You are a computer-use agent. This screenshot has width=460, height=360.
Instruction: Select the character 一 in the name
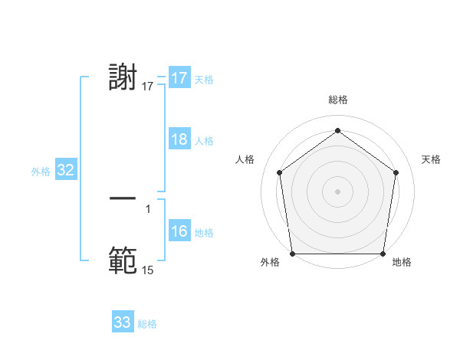pos(123,198)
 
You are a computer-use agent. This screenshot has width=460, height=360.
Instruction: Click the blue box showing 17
pos(179,78)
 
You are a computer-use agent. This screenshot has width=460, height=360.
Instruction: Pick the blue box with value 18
pos(179,139)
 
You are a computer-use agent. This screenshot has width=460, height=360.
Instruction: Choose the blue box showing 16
pos(179,231)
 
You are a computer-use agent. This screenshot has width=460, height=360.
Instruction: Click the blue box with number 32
pos(65,170)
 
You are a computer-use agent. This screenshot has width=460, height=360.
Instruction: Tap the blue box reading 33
pos(123,322)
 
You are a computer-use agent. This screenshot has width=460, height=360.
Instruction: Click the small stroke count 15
pos(148,270)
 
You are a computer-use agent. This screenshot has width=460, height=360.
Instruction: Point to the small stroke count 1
pos(148,209)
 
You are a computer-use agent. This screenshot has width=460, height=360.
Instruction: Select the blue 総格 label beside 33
pos(147,324)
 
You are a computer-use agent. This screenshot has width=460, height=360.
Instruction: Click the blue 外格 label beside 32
pos(41,172)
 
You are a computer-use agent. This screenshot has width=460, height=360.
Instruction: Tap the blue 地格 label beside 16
pos(204,233)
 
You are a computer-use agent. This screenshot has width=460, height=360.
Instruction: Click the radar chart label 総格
pos(337,100)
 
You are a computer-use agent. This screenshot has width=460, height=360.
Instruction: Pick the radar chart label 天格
pos(431,159)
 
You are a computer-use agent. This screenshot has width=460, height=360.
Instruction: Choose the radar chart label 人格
pos(245,159)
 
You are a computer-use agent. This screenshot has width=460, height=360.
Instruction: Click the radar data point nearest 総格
pos(337,130)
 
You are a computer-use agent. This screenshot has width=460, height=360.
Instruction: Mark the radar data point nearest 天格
pos(396,172)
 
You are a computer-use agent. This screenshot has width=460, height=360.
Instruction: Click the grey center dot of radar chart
pos(337,191)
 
